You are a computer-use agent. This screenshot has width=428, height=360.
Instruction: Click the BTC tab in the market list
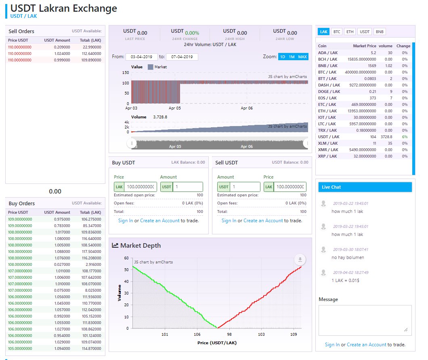pyautogui.click(x=337, y=32)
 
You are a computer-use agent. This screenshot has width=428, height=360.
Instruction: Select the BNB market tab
pyautogui.click(x=380, y=32)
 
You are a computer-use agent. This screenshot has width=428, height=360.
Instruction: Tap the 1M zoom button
pyautogui.click(x=292, y=57)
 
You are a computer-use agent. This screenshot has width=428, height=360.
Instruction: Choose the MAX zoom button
pyautogui.click(x=302, y=57)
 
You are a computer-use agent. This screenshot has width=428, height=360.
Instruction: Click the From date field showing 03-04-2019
pyautogui.click(x=141, y=57)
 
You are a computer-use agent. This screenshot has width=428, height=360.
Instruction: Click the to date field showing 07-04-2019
pyautogui.click(x=182, y=57)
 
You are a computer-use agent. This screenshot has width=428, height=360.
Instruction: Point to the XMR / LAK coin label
pyautogui.click(x=328, y=149)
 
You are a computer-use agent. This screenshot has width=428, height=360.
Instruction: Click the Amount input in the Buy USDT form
pyautogui.click(x=188, y=187)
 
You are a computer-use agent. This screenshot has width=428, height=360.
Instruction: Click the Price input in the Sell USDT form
pyautogui.click(x=290, y=187)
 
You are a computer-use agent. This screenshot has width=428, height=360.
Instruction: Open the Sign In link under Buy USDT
pyautogui.click(x=126, y=221)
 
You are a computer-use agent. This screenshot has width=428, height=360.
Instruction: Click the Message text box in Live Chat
pyautogui.click(x=365, y=320)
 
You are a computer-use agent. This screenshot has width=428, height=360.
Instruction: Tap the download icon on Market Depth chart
pyautogui.click(x=300, y=259)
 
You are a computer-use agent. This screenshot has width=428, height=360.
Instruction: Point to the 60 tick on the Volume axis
pyautogui.click(x=126, y=258)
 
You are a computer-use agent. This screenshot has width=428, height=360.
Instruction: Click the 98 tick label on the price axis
pyautogui.click(x=229, y=334)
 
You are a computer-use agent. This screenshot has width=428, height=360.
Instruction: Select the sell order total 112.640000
pyautogui.click(x=91, y=54)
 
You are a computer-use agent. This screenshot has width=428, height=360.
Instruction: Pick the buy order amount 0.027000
pyautogui.click(x=62, y=264)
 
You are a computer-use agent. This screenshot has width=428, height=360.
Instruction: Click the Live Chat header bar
pyautogui.click(x=365, y=187)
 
